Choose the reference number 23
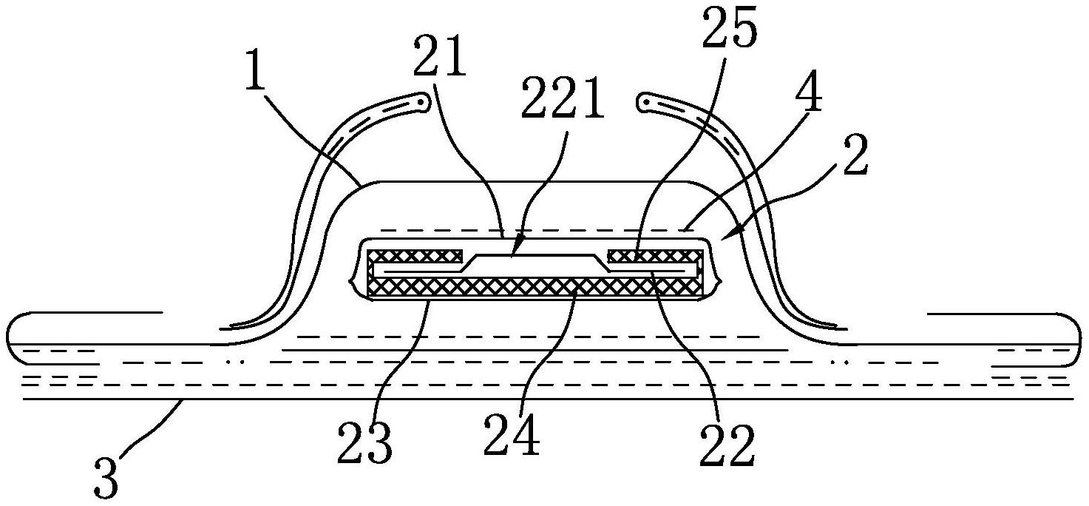(x=364, y=442)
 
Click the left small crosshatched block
(x=415, y=256)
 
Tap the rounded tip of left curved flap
(x=423, y=98)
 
